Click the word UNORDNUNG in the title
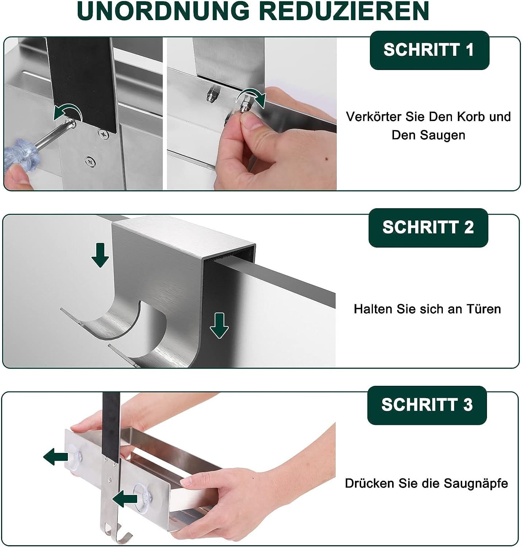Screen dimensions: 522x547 [164, 11]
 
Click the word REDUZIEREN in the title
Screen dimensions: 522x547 [344, 11]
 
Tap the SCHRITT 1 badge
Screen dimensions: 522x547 [429, 50]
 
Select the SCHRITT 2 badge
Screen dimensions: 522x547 [428, 228]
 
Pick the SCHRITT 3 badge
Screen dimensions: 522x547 [427, 405]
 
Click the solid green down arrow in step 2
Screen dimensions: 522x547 [100, 255]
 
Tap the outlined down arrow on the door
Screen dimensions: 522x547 [219, 326]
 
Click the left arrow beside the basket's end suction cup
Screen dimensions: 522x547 [56, 457]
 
